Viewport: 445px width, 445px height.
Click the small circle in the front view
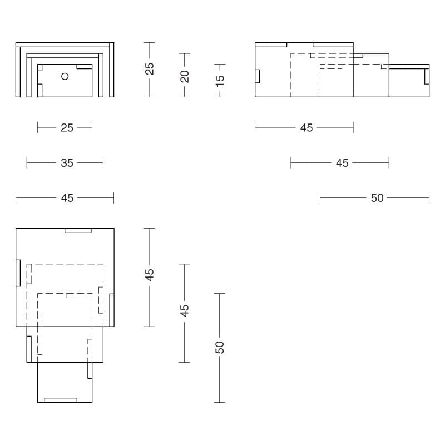click(x=65, y=76)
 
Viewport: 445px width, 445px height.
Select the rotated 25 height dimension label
click(x=149, y=68)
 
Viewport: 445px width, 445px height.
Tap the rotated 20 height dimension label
click(x=185, y=76)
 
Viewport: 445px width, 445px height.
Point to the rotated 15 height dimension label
click(x=220, y=80)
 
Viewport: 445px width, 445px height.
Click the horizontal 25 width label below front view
click(x=66, y=128)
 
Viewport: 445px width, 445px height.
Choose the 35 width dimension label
click(x=66, y=163)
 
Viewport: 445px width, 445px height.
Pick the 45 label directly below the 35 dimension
click(x=66, y=198)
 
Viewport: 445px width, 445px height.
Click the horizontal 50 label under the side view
click(x=377, y=198)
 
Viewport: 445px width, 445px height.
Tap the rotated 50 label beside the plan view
click(x=220, y=348)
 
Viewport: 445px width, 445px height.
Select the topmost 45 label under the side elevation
click(x=306, y=128)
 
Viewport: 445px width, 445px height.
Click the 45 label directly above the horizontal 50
click(x=342, y=163)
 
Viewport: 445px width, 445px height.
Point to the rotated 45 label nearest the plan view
click(x=149, y=275)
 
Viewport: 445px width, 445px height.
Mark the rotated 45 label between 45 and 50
click(x=185, y=310)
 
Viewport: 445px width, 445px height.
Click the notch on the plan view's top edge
click(x=78, y=230)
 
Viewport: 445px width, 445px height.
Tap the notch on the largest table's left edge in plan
click(x=18, y=273)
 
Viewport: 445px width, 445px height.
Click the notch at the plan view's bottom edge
click(x=60, y=400)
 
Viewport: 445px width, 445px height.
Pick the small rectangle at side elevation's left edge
click(x=258, y=76)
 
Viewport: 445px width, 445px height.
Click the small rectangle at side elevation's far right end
click(x=427, y=77)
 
